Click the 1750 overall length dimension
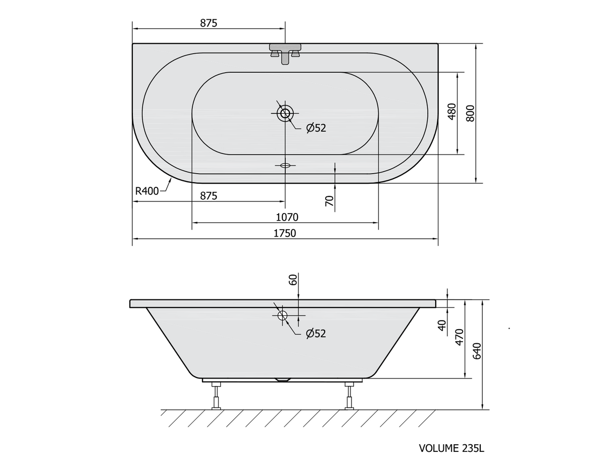pos(284,233)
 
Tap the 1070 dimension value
pos(287,217)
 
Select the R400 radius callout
pos(146,191)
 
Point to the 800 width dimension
pos(470,113)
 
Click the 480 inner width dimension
pos(452,112)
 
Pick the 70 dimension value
pos(329,201)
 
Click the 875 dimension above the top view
pos(209,23)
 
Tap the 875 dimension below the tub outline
pos(209,196)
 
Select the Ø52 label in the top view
pos(316,128)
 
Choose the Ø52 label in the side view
pos(316,333)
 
